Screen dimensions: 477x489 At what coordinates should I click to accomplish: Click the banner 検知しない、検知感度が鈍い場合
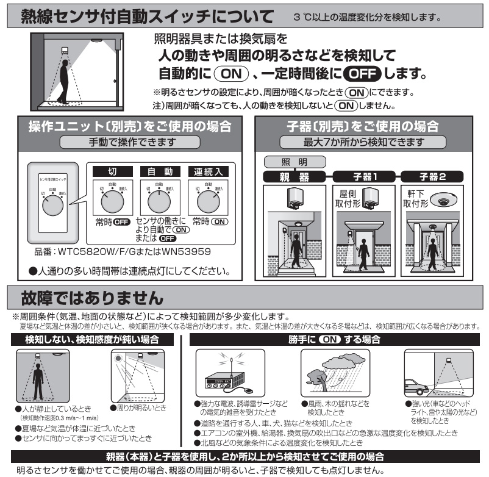pos(92,339)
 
